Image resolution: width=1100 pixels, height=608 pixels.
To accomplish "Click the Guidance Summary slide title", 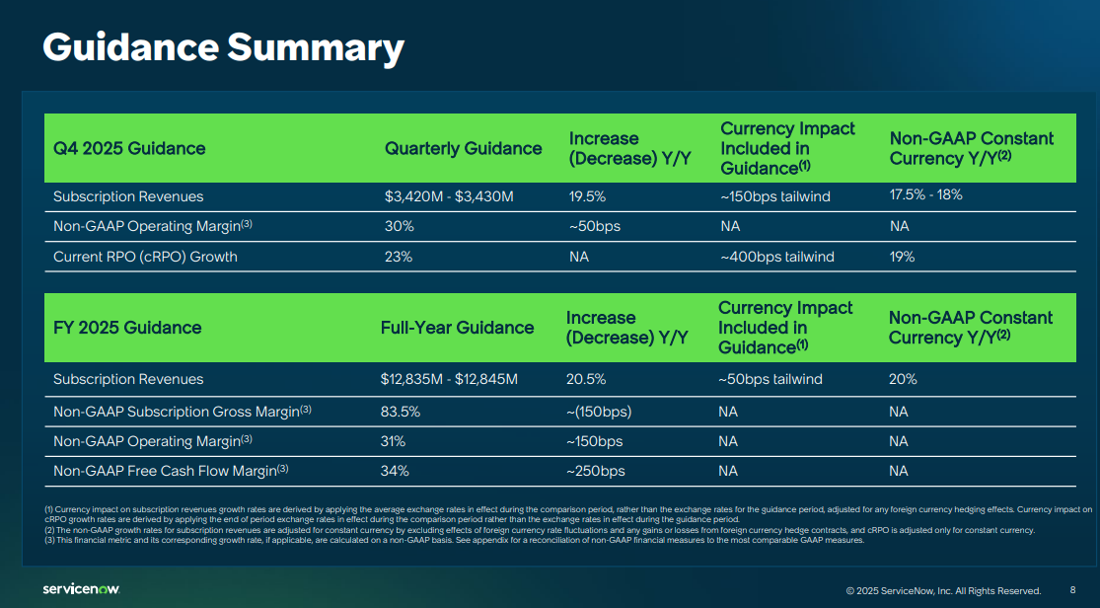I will pos(223,47).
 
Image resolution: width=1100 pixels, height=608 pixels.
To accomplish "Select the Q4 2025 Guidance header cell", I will pos(129,149).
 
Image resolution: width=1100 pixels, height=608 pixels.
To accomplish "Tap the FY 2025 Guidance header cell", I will pos(127,328).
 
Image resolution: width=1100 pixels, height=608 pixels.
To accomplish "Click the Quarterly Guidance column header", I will pos(463,149).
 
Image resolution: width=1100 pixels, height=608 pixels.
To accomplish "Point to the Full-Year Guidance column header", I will pos(457,328).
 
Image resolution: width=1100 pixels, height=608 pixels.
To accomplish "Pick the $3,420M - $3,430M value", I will pos(449,196).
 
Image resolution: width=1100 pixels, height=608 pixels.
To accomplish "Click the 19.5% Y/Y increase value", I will pos(587,196).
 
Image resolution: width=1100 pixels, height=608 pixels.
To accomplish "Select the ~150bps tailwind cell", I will pos(775,196).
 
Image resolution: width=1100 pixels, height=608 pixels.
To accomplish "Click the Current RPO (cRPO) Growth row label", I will pos(145,257).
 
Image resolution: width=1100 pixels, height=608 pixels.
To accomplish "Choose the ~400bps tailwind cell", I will pos(777,257).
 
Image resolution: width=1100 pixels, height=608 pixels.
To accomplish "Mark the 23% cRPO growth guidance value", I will pos(398,257).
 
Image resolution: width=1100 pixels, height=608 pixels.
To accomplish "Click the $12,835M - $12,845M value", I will pos(449,379).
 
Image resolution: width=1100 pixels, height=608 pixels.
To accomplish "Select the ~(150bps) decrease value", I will pos(599,411).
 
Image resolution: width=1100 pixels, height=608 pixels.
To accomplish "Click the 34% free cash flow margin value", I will pos(395,471).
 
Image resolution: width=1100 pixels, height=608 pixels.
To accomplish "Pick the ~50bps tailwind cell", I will pos(770,379).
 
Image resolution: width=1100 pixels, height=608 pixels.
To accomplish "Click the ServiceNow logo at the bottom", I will pos(81,589).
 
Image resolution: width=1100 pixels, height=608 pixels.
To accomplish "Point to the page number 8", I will pos(1072,590).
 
